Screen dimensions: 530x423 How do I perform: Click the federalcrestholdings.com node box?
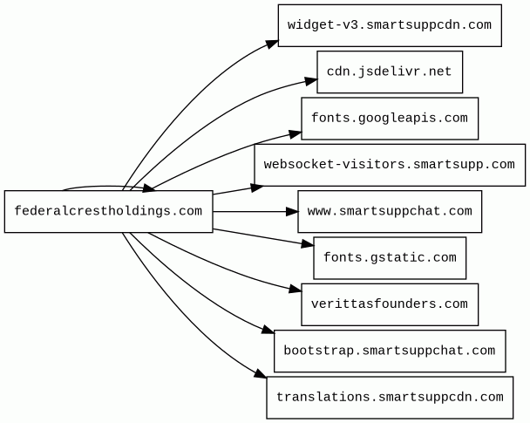point(108,211)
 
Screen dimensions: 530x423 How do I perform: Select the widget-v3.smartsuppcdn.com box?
point(390,25)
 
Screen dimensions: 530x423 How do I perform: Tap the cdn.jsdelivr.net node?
point(390,72)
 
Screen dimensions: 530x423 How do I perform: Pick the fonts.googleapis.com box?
point(390,119)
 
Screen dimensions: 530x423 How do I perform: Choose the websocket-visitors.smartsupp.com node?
point(390,165)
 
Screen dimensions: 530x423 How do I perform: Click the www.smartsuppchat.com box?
point(390,211)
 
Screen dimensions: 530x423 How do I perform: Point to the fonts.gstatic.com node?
point(390,258)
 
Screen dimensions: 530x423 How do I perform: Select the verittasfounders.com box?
point(390,304)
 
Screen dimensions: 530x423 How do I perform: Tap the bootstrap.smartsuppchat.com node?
point(390,351)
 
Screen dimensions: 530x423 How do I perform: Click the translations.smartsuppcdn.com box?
point(390,398)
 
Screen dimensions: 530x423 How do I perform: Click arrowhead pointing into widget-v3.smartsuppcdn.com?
point(273,44)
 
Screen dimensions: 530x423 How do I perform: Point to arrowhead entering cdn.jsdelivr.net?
point(311,81)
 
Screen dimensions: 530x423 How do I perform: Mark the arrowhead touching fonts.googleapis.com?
point(296,134)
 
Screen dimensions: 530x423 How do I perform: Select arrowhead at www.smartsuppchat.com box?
point(292,212)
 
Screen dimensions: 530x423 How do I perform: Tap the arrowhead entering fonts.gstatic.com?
point(308,243)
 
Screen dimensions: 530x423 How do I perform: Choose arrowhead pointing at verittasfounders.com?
point(296,289)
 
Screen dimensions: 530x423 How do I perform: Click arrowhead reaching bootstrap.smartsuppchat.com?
point(268,330)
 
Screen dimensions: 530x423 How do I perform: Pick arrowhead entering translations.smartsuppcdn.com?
point(261,373)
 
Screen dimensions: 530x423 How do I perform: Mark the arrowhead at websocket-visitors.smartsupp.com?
point(257,188)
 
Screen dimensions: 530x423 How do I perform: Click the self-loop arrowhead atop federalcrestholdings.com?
point(149,188)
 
